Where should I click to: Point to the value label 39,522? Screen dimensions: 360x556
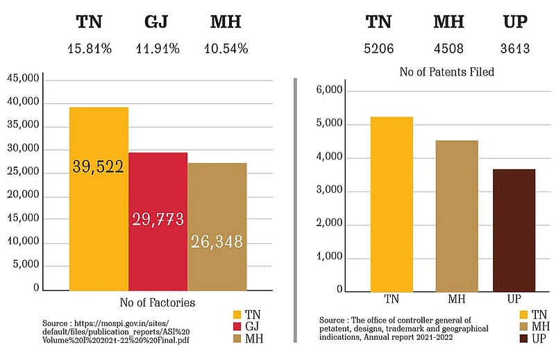[99, 166]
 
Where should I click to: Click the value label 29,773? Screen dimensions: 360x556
[158, 219]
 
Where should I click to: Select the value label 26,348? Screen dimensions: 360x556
[217, 241]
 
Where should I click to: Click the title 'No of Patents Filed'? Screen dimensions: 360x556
[446, 71]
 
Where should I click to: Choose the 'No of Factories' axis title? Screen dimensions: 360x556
[158, 302]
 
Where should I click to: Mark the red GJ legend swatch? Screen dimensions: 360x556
[237, 325]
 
